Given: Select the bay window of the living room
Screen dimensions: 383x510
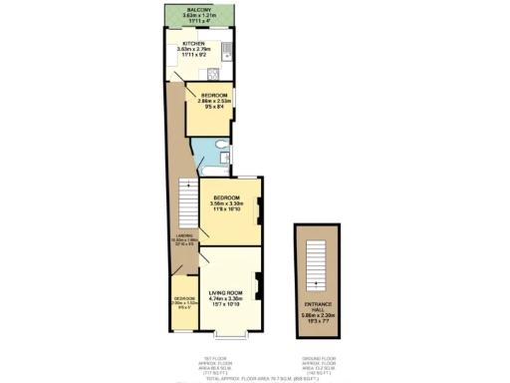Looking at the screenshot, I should [x=229, y=337].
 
